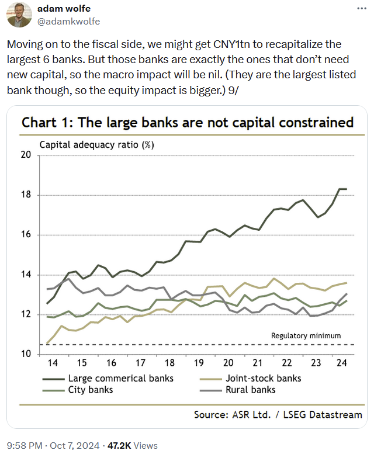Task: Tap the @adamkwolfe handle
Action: (69, 22)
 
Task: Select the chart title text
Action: (188, 122)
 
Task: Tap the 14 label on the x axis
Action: (53, 363)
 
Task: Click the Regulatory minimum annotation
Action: (306, 336)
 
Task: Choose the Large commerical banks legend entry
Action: (120, 378)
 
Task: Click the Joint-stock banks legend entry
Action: (263, 378)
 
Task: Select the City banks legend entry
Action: (91, 390)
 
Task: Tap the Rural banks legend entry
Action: (250, 390)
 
